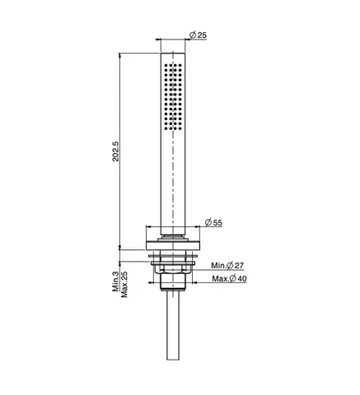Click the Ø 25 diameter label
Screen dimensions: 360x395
tap(198, 35)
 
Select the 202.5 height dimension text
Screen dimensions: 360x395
tap(116, 151)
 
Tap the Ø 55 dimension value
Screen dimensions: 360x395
tap(213, 222)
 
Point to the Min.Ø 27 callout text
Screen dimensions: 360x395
tap(227, 266)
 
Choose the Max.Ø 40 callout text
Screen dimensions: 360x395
tap(229, 279)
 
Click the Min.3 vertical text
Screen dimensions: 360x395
tap(115, 281)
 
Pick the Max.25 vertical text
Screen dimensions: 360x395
tap(124, 285)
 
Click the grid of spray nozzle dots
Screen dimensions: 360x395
tap(173, 97)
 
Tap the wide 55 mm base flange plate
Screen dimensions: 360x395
tap(173, 245)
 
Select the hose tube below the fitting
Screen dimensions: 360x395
tap(173, 326)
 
